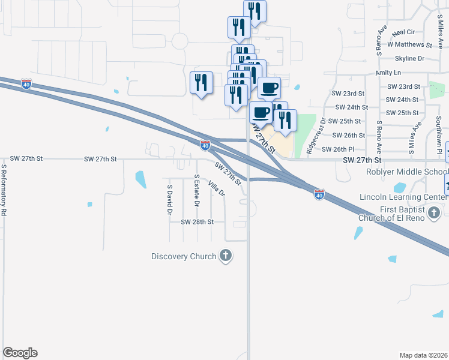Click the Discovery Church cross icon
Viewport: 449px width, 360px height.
(x=226, y=256)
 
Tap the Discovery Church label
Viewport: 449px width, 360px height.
(x=184, y=257)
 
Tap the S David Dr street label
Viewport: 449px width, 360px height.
(x=169, y=200)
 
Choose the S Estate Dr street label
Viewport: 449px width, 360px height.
(x=196, y=191)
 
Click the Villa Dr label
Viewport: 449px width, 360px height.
(x=216, y=188)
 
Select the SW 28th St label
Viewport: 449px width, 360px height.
(x=197, y=221)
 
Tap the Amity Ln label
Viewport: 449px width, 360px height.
(x=388, y=73)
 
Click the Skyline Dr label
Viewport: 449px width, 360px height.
(x=409, y=58)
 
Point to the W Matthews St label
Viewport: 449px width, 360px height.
(x=410, y=44)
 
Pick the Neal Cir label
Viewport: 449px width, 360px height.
(x=403, y=32)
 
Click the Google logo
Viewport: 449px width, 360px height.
(x=20, y=353)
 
